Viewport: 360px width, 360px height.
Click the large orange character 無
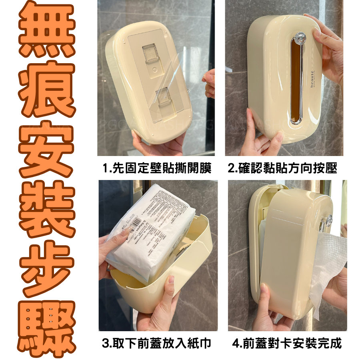pyautogui.click(x=47, y=33)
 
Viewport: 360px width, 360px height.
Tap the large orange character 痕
pyautogui.click(x=47, y=91)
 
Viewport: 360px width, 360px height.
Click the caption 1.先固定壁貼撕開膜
pyautogui.click(x=156, y=168)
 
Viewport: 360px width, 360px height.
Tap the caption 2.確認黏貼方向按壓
pyautogui.click(x=282, y=168)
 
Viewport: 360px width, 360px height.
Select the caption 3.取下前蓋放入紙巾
pyautogui.click(x=156, y=343)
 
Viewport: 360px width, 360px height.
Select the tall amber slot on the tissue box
pyautogui.click(x=296, y=84)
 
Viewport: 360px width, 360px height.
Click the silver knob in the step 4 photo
pyautogui.click(x=328, y=220)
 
